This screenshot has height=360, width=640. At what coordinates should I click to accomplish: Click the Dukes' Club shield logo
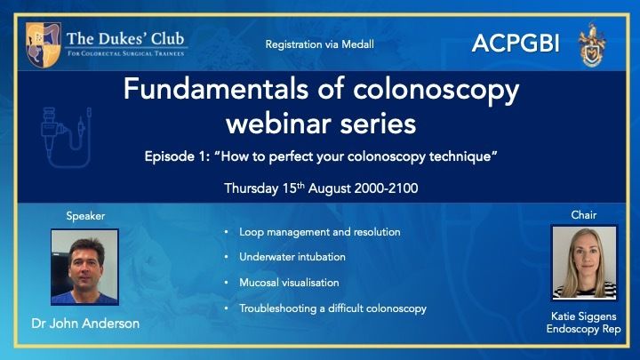(43, 45)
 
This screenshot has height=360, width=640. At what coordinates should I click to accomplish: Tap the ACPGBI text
(516, 44)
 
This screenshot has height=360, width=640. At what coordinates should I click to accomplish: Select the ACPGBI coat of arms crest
(592, 45)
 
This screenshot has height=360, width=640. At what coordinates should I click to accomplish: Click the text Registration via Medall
(320, 44)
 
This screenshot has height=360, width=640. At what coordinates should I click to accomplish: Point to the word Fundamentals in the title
(216, 89)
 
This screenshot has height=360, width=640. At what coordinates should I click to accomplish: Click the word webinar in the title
(280, 124)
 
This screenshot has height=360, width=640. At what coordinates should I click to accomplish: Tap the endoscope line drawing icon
(66, 137)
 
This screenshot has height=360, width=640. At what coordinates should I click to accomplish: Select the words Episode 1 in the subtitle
(177, 156)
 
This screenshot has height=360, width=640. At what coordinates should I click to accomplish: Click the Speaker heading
(85, 216)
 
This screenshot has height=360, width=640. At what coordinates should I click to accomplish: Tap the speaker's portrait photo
(85, 267)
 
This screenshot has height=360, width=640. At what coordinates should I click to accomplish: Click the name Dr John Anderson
(85, 324)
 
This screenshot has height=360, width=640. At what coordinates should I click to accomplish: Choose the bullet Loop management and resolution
(320, 232)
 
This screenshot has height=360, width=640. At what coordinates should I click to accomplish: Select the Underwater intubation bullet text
(292, 257)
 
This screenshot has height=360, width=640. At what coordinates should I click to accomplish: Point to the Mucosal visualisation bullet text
(289, 283)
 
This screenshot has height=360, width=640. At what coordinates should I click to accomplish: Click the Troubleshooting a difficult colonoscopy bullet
(332, 308)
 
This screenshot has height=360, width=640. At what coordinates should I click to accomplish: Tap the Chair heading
(584, 215)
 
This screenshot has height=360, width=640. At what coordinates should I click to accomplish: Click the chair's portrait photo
(584, 263)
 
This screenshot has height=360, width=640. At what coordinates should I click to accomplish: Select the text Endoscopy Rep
(584, 329)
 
